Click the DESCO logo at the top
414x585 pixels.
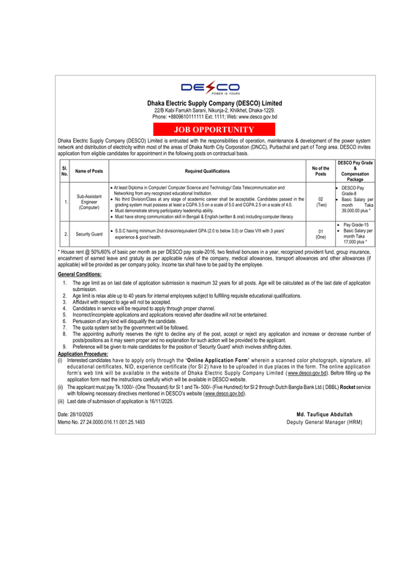click(209, 86)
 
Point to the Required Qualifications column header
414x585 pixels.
click(207, 171)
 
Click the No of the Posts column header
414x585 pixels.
click(320, 171)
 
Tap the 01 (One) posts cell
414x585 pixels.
click(320, 234)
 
